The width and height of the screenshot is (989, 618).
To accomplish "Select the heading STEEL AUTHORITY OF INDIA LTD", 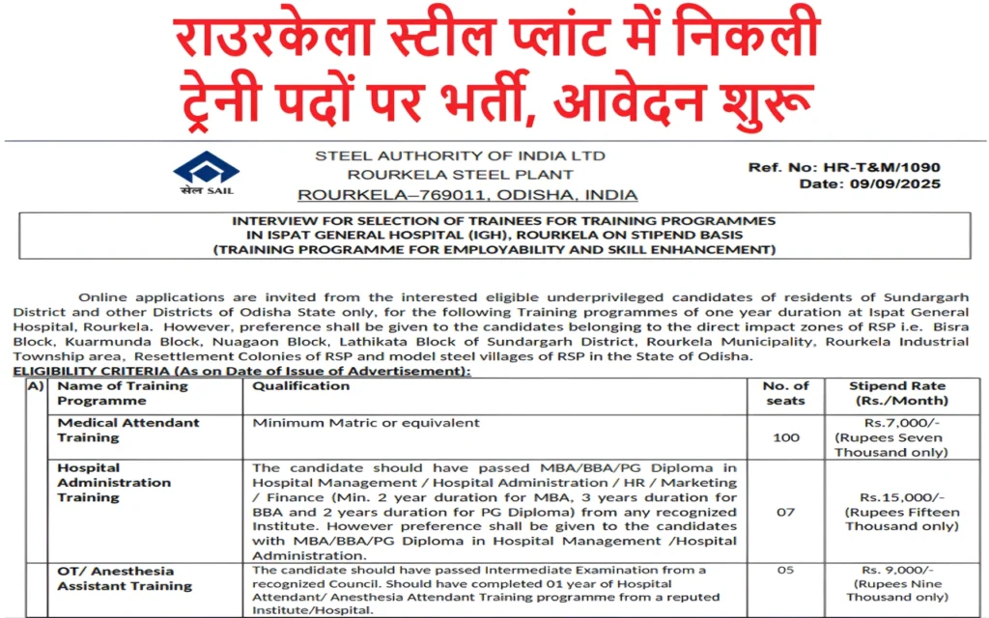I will tap(461, 155).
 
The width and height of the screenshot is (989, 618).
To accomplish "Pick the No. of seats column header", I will tap(786, 393).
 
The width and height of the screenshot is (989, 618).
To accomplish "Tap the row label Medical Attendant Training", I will tap(128, 430).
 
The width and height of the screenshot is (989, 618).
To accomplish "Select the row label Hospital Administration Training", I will tap(114, 482).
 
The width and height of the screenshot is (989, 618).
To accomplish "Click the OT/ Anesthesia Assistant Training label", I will tap(125, 578).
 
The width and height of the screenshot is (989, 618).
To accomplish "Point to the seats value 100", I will tap(786, 437).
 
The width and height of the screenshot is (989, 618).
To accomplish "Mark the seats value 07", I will tap(786, 511).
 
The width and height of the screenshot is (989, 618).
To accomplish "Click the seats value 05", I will tap(786, 570).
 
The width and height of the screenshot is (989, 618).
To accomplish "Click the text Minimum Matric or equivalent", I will tap(366, 423).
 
